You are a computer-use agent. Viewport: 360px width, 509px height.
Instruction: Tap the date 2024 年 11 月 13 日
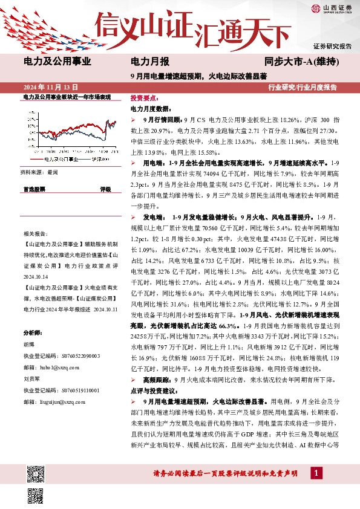click(x=50, y=87)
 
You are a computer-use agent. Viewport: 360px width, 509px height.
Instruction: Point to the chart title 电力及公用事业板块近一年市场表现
click(x=67, y=97)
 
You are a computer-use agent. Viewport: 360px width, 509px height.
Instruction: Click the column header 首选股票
click(x=34, y=189)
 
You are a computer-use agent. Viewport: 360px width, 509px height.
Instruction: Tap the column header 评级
click(x=105, y=189)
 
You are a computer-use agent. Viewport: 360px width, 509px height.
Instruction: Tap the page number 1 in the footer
click(x=315, y=472)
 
